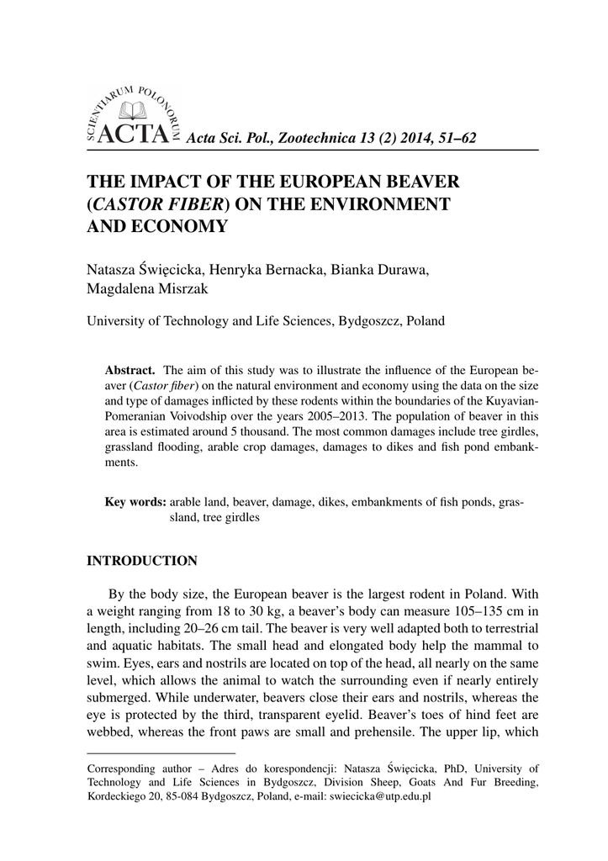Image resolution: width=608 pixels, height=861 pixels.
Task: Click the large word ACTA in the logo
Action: click(x=134, y=134)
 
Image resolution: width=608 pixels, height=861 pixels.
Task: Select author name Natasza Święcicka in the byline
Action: click(x=135, y=269)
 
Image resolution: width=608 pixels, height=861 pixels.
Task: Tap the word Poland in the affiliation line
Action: click(x=425, y=320)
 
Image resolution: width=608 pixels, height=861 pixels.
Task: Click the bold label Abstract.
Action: click(x=130, y=370)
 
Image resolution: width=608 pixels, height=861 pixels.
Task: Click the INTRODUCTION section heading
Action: click(x=142, y=560)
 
